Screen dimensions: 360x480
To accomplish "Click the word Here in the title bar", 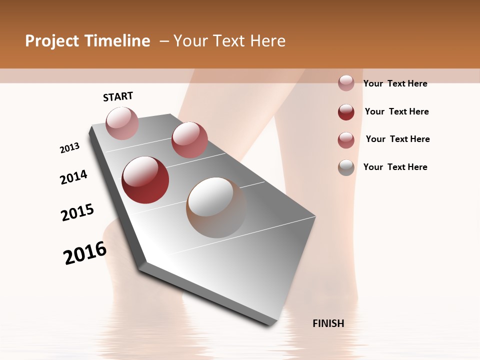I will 267,41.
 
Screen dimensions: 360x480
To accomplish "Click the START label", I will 118,96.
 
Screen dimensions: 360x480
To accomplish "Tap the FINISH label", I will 328,323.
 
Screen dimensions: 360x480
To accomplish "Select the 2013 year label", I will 70,148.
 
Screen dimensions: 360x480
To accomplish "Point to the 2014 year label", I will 74,177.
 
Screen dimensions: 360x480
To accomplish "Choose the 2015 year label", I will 77,212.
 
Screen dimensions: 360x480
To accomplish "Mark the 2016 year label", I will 85,252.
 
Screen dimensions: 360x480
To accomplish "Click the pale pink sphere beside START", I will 122,123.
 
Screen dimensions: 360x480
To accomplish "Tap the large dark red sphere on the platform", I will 145,179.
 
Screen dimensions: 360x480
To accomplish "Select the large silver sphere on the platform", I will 216,207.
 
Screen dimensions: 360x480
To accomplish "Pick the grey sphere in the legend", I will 346,167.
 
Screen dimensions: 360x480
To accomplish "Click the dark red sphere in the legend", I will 346,112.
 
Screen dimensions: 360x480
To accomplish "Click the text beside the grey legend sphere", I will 395,167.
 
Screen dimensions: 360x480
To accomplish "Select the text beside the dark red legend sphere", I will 396,111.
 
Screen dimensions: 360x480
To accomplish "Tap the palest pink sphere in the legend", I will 346,83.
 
